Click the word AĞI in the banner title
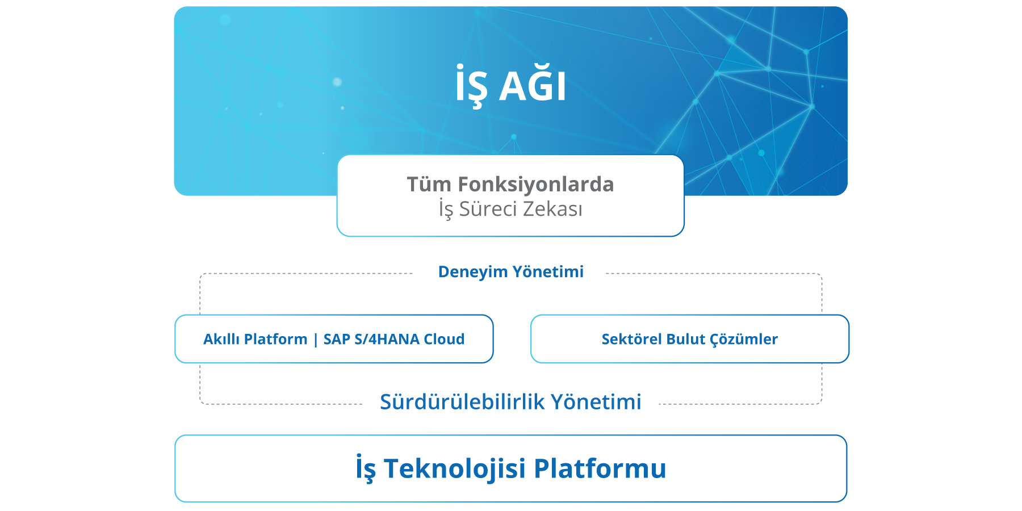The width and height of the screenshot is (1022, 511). (533, 85)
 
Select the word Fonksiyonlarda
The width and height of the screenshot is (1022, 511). (536, 185)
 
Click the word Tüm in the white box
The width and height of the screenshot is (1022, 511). (429, 184)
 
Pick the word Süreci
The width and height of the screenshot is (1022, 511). (488, 209)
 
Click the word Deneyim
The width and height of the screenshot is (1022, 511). (473, 272)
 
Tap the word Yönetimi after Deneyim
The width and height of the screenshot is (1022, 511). (548, 271)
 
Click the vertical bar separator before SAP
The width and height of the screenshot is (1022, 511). (316, 340)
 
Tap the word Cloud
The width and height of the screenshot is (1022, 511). (444, 339)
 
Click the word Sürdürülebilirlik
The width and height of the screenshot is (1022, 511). (463, 401)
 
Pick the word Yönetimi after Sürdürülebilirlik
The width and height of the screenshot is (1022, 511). (596, 401)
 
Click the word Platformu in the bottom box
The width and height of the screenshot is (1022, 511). (600, 468)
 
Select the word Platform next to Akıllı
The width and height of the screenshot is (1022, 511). (275, 339)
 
